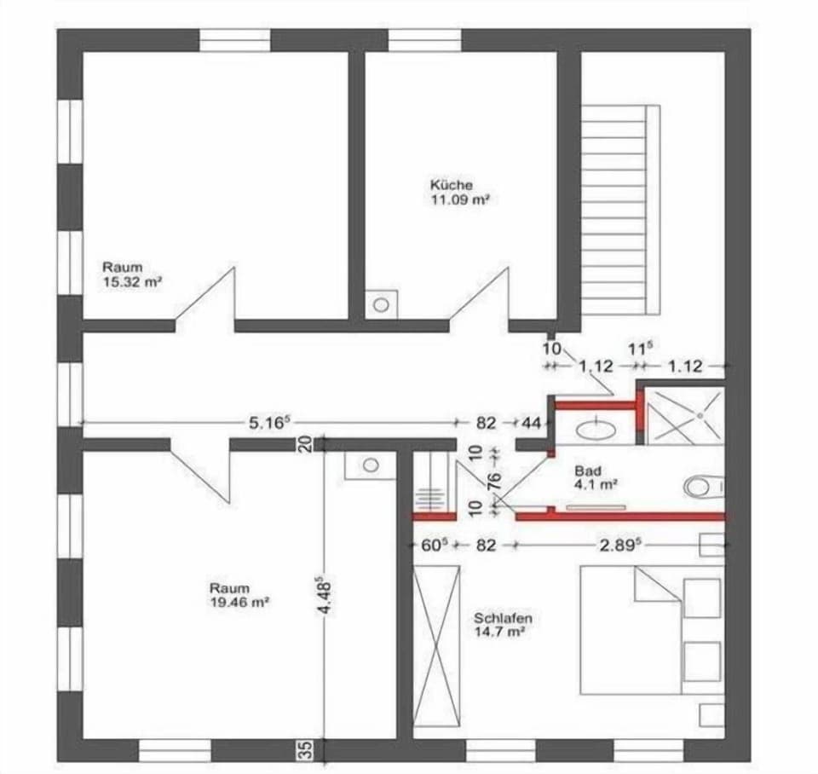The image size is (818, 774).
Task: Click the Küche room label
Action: coord(452,185)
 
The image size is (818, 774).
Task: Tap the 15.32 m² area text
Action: coord(132,282)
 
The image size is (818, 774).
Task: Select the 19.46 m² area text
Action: coord(239,603)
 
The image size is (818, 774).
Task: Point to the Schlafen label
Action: coord(503,619)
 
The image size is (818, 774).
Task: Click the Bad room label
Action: coord(587,470)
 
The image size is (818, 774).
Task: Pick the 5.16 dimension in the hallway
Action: coord(269,422)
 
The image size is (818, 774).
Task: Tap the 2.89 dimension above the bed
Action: coord(620,546)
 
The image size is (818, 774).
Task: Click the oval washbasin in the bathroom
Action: coord(596,430)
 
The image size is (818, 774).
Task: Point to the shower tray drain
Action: coord(700,415)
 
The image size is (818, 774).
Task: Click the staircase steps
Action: coord(620,209)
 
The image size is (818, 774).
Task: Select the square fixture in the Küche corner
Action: coord(382,304)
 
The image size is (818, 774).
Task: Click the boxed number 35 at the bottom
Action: coord(308,749)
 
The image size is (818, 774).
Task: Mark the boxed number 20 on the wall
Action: coord(307,443)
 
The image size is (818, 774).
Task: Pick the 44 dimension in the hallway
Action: coord(531,422)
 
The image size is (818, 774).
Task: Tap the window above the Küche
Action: coord(425,40)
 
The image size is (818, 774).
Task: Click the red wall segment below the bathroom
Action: coord(620,517)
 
